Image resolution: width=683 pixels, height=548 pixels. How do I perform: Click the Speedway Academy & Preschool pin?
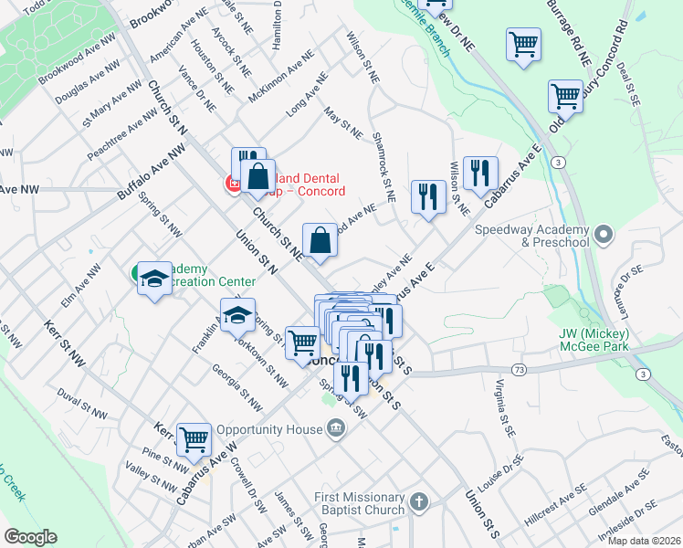602,236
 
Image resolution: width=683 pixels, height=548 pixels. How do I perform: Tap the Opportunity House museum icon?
336,428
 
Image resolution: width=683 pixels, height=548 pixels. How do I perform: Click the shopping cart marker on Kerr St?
194,440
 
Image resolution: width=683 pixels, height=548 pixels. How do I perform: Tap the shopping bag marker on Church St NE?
320,241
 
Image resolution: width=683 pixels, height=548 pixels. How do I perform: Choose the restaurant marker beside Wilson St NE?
478,173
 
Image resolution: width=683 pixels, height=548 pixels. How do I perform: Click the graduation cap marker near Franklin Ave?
237,316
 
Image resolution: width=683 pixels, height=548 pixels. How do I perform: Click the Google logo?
30,537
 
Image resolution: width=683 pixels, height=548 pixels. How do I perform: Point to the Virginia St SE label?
501,406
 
